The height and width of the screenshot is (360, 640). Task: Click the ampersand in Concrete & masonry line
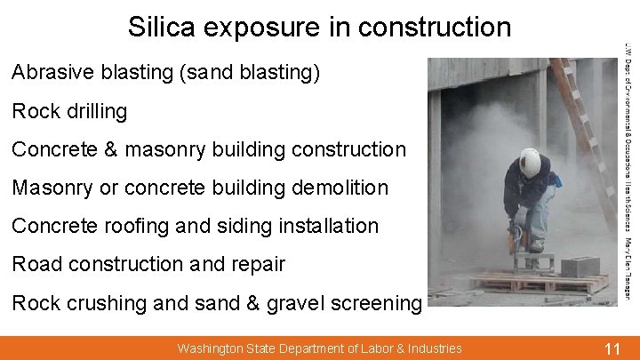coord(112,150)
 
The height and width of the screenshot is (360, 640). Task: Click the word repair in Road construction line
coord(257,265)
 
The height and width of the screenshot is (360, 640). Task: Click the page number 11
coord(612,348)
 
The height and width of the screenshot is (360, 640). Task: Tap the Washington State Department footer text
coord(319,348)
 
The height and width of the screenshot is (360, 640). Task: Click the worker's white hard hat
coord(530,163)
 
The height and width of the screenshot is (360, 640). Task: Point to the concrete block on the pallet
coord(581,266)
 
